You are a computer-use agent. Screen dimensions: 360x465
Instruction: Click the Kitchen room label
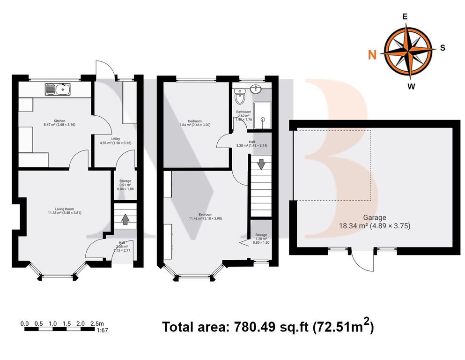(59, 121)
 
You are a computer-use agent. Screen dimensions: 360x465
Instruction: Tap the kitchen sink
(58, 88)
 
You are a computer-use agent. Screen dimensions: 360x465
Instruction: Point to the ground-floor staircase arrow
(125, 219)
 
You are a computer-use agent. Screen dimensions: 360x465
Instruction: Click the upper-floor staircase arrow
(261, 165)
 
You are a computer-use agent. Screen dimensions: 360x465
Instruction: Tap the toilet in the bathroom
(240, 98)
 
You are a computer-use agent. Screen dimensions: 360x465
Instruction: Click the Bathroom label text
(244, 112)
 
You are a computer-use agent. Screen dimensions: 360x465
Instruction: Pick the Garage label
(375, 217)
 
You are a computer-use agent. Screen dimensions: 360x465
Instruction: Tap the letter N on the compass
(372, 55)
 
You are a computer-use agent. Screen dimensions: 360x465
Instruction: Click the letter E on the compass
(405, 16)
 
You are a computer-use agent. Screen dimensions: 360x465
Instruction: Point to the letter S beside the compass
(443, 48)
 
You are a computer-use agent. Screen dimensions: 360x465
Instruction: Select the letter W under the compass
(411, 86)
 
